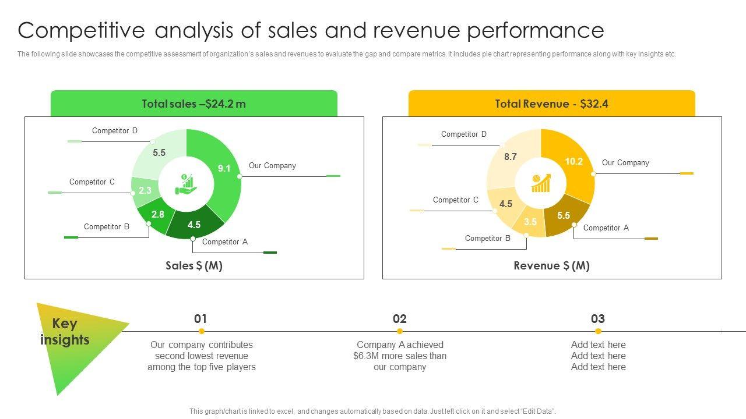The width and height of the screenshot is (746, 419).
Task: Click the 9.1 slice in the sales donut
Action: click(224, 169)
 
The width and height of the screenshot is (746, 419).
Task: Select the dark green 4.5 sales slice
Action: click(195, 225)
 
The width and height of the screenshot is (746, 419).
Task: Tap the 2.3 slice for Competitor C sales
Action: click(145, 191)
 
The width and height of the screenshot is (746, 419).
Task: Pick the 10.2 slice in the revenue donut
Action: click(573, 162)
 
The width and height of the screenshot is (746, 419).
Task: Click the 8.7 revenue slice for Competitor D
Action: click(511, 157)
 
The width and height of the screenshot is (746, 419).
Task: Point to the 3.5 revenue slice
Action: click(530, 222)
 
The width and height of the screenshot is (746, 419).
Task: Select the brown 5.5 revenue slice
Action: click(564, 215)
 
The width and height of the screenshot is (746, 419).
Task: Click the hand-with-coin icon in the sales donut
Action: click(186, 183)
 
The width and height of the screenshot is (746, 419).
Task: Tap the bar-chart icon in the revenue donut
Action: click(540, 183)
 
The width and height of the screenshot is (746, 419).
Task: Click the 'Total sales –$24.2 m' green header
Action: click(194, 104)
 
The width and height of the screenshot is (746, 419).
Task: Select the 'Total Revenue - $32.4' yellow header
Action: click(551, 104)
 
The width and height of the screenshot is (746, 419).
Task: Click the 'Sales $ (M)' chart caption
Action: click(194, 266)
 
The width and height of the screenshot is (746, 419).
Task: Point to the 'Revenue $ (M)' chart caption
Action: click(551, 266)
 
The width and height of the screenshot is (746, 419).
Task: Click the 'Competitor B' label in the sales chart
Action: click(107, 227)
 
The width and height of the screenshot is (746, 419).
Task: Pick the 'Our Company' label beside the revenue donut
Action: click(625, 163)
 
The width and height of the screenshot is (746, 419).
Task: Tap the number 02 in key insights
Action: click(400, 319)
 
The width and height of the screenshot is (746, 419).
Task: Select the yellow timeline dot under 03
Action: click(598, 331)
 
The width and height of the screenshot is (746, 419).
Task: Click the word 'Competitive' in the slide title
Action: click(79, 30)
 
